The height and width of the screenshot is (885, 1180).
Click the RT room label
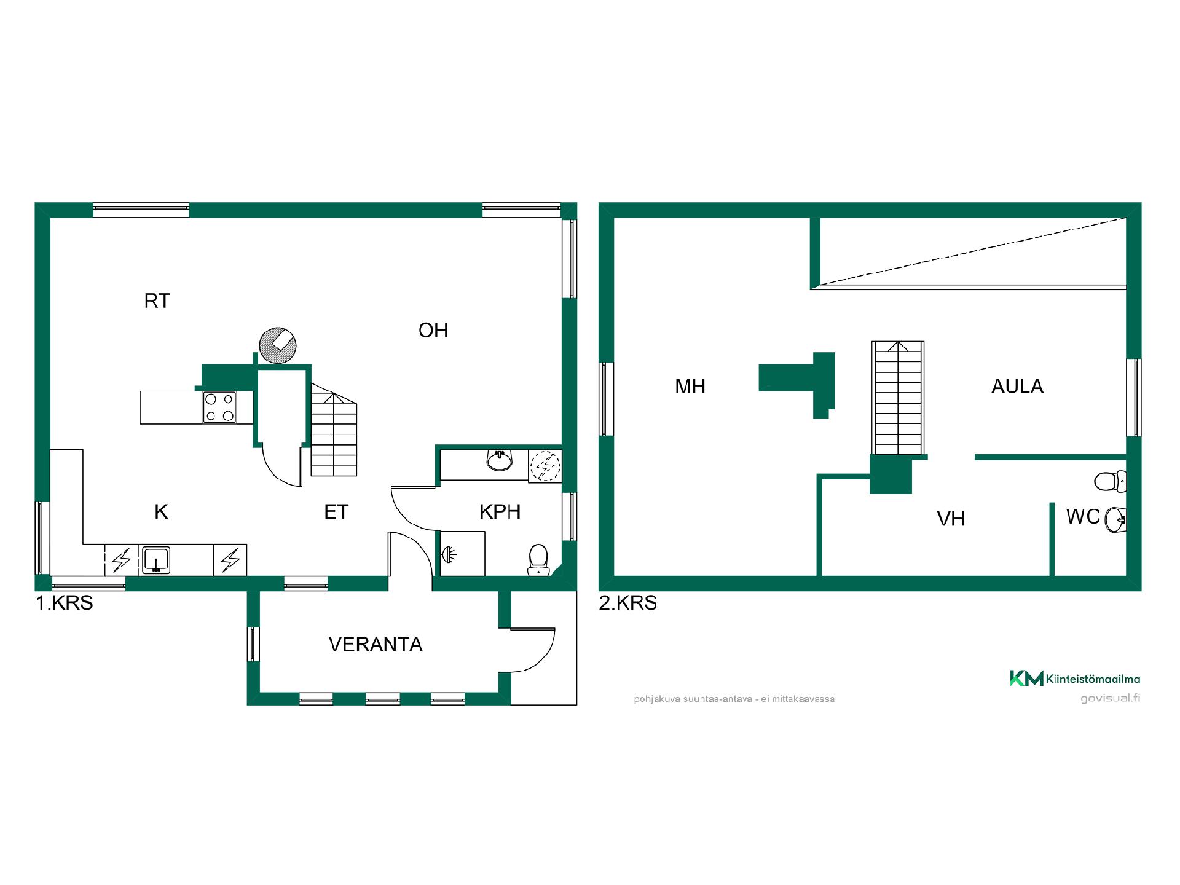tap(157, 301)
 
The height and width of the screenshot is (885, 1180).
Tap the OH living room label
tap(433, 331)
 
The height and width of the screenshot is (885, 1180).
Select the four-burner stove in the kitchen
tap(219, 407)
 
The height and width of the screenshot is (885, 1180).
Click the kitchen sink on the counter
tap(156, 560)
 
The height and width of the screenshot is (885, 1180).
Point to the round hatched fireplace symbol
tap(278, 346)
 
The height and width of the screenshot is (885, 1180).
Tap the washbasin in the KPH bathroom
tap(500, 460)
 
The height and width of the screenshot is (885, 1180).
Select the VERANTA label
tap(376, 644)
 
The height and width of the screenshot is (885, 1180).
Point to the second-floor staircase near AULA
tap(898, 398)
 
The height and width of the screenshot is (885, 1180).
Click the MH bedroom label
tap(690, 386)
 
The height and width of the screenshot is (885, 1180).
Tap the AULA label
tap(1017, 386)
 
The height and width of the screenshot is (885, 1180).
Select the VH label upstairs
tap(951, 519)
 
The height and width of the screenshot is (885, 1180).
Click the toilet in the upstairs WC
tap(1111, 481)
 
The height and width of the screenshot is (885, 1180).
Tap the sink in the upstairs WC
tap(1116, 520)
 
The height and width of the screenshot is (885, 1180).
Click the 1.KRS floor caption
tap(65, 603)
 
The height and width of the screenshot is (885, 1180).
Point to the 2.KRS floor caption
tap(628, 603)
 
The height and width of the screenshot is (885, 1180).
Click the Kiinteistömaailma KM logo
tap(1075, 678)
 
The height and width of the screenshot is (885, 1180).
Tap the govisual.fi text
tap(1110, 698)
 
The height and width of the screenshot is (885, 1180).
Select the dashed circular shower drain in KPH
tap(545, 465)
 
